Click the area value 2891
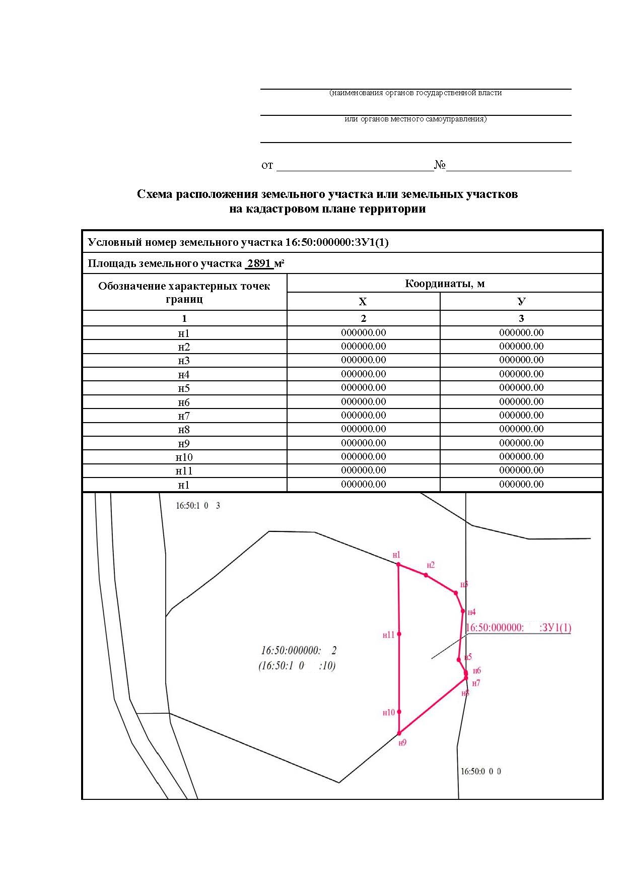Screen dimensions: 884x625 pyautogui.click(x=259, y=263)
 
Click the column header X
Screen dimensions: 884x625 pyautogui.click(x=363, y=302)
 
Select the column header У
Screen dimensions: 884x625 pyautogui.click(x=521, y=302)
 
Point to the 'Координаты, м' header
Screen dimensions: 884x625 pyautogui.click(x=445, y=284)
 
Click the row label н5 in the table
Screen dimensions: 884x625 pyautogui.click(x=184, y=388)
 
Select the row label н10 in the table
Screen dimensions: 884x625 pyautogui.click(x=184, y=457)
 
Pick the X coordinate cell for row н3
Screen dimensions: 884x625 pyautogui.click(x=363, y=360)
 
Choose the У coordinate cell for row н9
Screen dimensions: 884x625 pyautogui.click(x=521, y=443)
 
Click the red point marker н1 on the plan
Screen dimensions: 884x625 pyautogui.click(x=398, y=565)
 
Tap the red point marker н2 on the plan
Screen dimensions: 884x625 pyautogui.click(x=426, y=575)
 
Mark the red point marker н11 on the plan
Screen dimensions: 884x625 pyautogui.click(x=399, y=634)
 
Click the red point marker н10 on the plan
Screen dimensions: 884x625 pyautogui.click(x=399, y=712)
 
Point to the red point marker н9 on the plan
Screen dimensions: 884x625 pyautogui.click(x=399, y=733)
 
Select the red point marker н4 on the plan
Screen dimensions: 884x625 pyautogui.click(x=463, y=611)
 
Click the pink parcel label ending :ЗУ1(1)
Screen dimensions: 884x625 pyautogui.click(x=518, y=628)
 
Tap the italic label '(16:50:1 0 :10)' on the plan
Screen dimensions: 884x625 pyautogui.click(x=297, y=666)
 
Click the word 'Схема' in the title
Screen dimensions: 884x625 pyautogui.click(x=155, y=194)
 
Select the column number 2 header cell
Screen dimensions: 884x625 pyautogui.click(x=363, y=318)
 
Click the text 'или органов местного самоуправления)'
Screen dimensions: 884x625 pyautogui.click(x=415, y=119)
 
